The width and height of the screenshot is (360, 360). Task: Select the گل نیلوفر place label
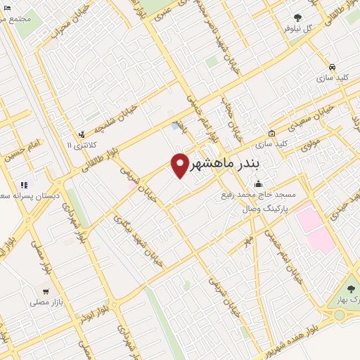[297, 28]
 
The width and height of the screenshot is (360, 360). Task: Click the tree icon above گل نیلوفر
[298, 17]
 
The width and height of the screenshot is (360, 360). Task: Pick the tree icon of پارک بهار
[352, 290]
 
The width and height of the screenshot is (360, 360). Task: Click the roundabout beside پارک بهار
[340, 314]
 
